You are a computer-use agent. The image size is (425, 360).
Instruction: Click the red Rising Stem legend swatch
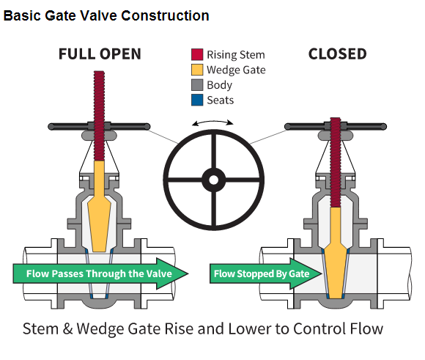[x=197, y=54]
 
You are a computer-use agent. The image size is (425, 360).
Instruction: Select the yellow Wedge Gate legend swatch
[x=197, y=70]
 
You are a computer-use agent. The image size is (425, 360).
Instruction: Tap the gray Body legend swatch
[x=197, y=85]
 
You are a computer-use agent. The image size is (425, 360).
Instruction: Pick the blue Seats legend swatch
[x=197, y=100]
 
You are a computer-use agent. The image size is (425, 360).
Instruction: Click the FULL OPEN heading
[x=100, y=54]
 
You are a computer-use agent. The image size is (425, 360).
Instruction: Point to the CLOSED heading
[x=338, y=54]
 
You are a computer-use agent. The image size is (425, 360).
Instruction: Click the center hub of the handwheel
[x=213, y=180]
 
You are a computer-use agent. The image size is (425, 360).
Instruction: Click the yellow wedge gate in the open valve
[x=99, y=207]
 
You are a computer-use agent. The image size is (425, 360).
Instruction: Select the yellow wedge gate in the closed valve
[x=336, y=253]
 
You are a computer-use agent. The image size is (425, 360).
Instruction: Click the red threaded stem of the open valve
[x=99, y=116]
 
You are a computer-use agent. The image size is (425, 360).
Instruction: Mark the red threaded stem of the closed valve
[x=336, y=163]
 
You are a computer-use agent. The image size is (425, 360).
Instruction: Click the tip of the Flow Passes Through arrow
[x=188, y=273]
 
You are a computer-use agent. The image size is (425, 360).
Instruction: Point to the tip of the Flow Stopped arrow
[x=322, y=273]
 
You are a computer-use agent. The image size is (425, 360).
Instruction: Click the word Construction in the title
[x=165, y=15]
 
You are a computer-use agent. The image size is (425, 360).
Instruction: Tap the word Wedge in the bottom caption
[x=101, y=328]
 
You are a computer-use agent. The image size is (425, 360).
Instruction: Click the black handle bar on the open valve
[x=99, y=127]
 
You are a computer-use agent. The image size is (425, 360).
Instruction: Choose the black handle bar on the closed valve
[x=336, y=127]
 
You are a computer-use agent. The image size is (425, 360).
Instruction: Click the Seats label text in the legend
[x=221, y=100]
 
